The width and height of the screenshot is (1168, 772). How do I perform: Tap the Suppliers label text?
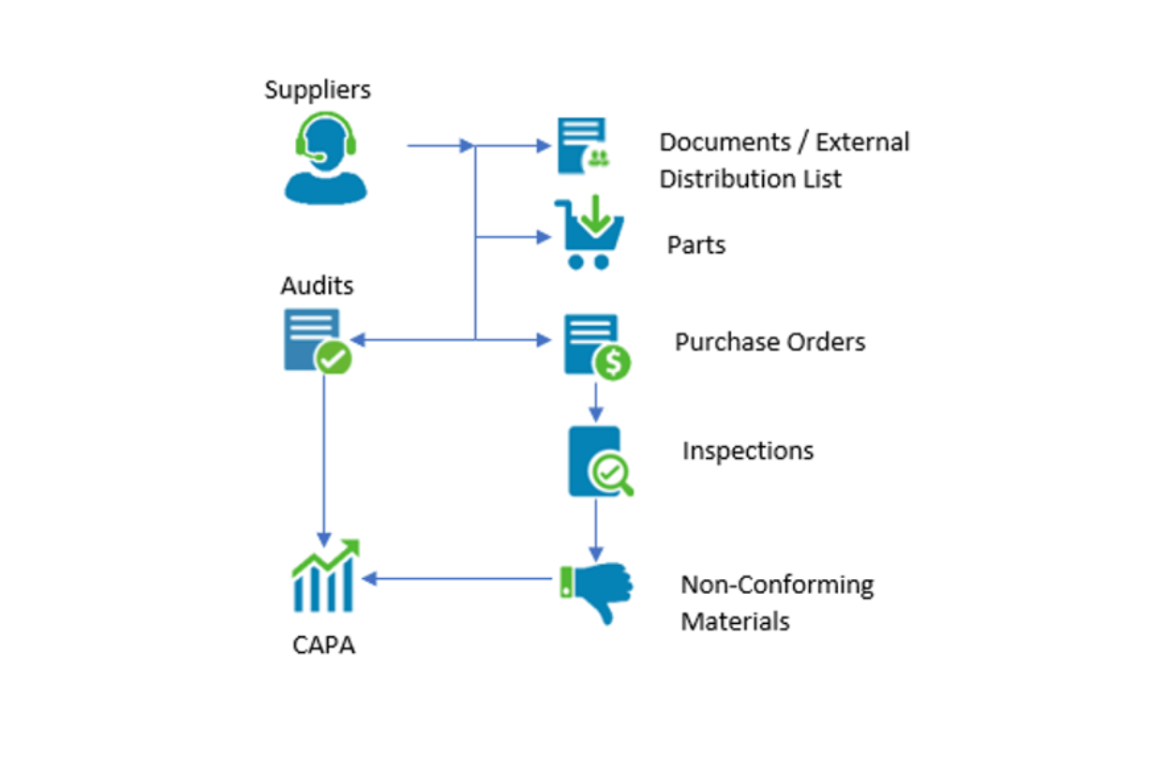317,90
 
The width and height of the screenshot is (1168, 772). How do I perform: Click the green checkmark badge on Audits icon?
333,357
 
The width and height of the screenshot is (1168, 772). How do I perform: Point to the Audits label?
317,286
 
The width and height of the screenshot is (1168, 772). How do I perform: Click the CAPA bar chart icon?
324,575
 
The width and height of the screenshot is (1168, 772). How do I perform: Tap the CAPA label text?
323,646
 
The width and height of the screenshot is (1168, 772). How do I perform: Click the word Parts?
696,245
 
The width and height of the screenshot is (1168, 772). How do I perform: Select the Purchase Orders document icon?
591,343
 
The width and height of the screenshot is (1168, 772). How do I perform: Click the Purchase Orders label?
770,342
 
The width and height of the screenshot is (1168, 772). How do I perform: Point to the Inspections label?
747,451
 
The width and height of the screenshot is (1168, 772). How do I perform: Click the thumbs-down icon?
597,590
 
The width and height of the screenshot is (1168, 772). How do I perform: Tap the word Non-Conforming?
777,586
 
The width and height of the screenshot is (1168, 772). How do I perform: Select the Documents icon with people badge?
582,145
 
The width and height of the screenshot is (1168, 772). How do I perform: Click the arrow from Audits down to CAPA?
323,459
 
